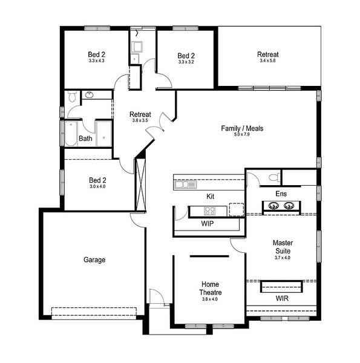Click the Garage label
94,260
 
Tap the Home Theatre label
211,288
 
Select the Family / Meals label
242,128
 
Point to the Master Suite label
283,247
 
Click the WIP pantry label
208,224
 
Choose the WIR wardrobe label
282,298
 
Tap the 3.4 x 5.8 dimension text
267,60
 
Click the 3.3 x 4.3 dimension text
96,60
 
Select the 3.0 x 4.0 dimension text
97,186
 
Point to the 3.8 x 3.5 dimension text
140,120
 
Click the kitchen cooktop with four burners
210,211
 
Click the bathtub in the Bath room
71,134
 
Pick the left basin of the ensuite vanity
273,205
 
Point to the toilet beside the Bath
73,97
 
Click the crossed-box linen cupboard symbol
140,185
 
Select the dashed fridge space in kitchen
237,209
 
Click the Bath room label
85,139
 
